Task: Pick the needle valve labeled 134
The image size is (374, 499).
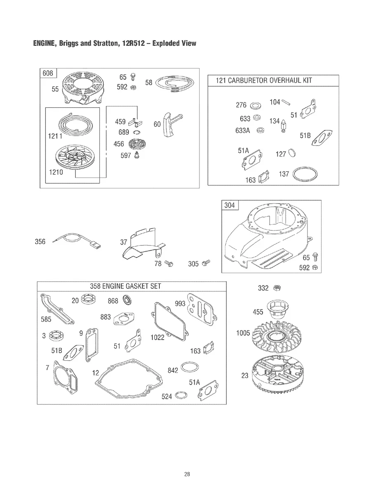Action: tap(284, 125)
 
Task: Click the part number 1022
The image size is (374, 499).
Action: tap(158, 337)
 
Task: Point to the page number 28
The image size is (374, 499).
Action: tap(187, 474)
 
